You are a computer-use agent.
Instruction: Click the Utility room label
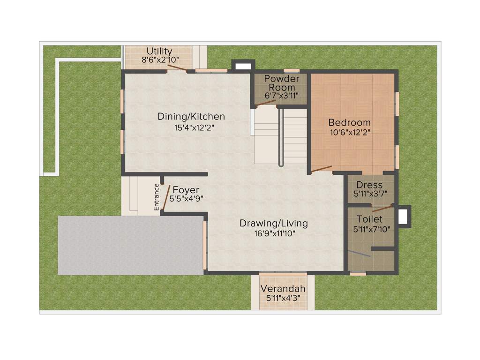[159, 51]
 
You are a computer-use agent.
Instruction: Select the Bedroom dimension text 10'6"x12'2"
[350, 132]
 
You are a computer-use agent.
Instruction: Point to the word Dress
[369, 185]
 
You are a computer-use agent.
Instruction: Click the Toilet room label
[369, 219]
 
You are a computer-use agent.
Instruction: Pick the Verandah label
[283, 288]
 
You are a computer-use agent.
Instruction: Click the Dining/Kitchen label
[191, 117]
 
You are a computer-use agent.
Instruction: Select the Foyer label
[186, 190]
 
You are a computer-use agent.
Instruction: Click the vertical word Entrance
[157, 197]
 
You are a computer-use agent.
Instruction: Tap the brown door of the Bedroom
[322, 169]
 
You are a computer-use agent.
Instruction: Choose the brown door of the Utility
[178, 68]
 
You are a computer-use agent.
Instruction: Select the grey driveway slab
[130, 245]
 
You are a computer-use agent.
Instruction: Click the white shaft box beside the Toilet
[403, 217]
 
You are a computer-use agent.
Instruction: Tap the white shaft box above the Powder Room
[243, 66]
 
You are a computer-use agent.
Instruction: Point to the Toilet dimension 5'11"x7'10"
[370, 229]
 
